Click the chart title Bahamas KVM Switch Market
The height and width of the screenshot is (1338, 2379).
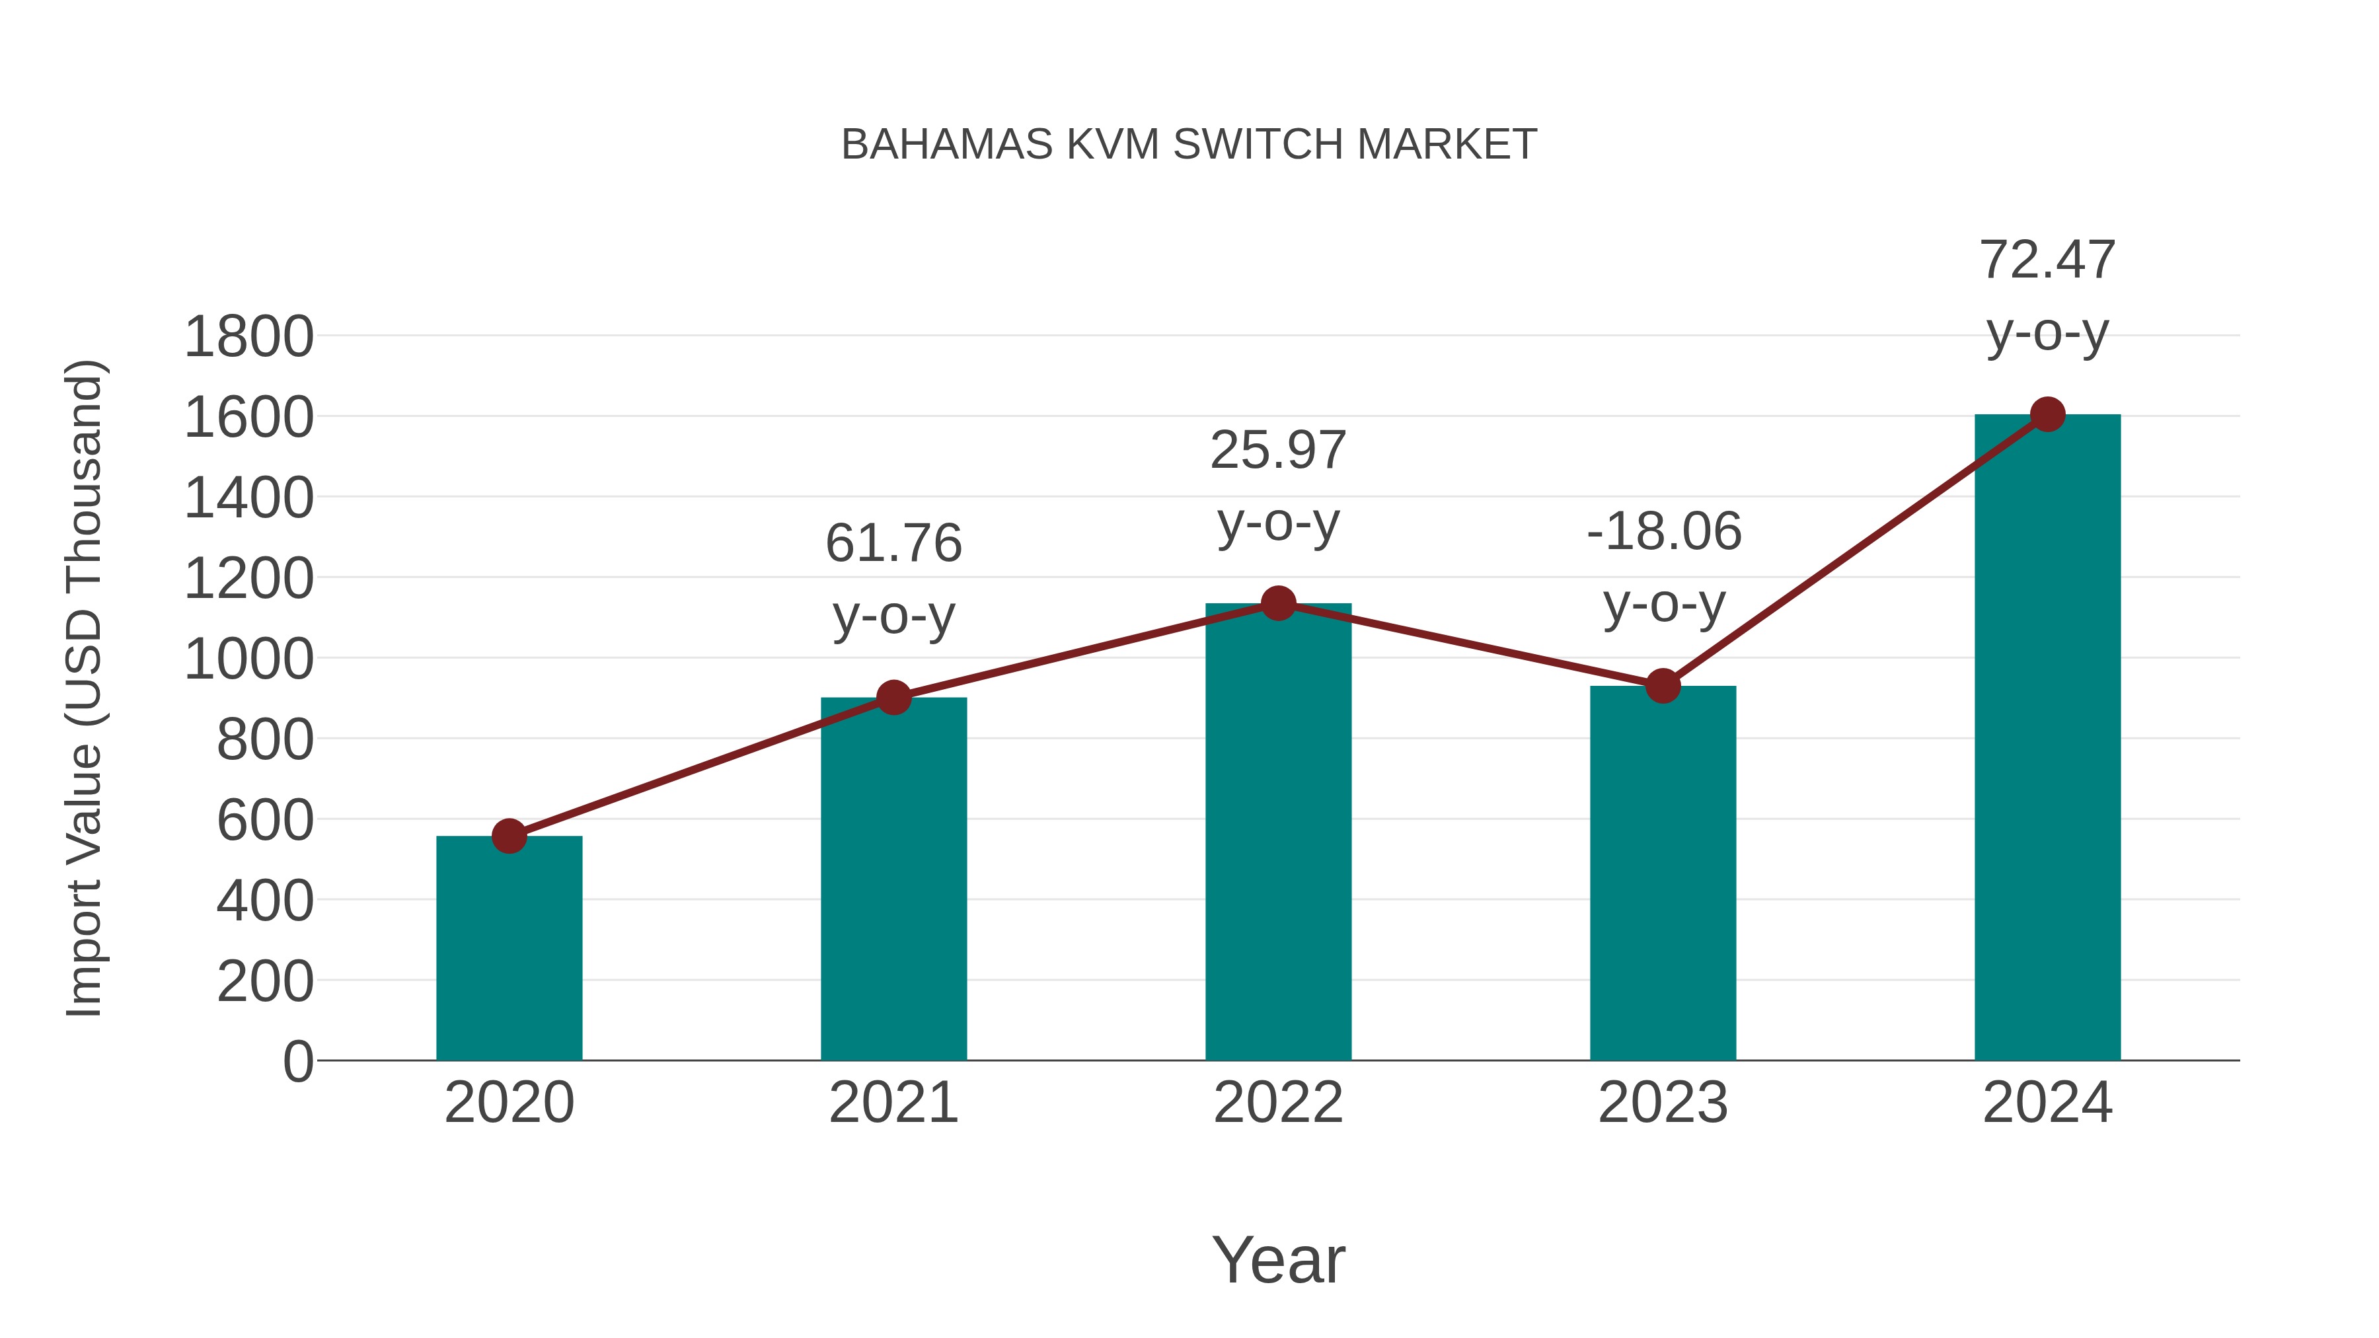(1189, 144)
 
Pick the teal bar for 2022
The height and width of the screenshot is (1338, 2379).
(1278, 832)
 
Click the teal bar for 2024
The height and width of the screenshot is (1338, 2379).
(2047, 738)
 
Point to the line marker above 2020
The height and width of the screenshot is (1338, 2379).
(509, 836)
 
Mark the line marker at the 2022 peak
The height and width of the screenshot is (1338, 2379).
(1278, 603)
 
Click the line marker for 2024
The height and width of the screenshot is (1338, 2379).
(2047, 414)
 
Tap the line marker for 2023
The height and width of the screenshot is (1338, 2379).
(1663, 686)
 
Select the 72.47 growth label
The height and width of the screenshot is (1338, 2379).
(2047, 260)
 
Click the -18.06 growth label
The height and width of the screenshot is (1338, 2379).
(1663, 532)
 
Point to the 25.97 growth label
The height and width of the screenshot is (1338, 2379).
(1278, 451)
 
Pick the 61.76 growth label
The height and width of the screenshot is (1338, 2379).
(893, 543)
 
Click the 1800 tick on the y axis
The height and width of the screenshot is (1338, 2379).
(248, 337)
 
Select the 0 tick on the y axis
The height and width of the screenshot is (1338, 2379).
(297, 1061)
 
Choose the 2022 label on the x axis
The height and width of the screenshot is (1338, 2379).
(1278, 1103)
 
